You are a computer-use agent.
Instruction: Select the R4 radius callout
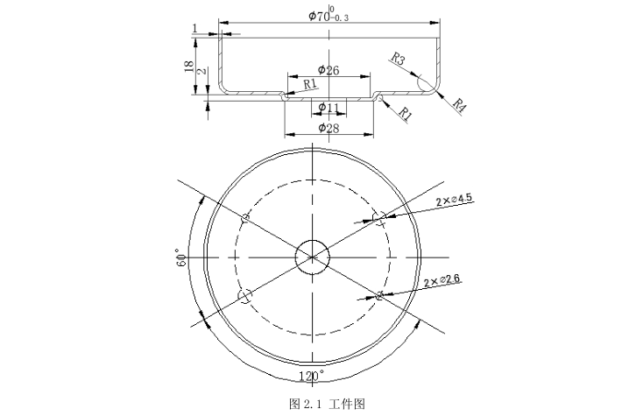point(460,104)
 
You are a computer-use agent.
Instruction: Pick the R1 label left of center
point(310,84)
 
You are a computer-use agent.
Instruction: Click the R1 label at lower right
point(405,112)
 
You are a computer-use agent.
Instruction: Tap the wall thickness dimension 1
point(194,29)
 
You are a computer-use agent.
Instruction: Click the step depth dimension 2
point(201,71)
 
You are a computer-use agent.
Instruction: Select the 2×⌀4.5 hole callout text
point(454,200)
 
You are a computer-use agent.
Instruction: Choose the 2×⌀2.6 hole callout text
point(442,280)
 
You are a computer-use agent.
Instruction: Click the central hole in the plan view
point(313,256)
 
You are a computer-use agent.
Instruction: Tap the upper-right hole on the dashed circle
point(379,217)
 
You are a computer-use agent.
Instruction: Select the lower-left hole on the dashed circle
point(246,295)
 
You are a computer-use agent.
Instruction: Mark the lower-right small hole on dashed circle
point(379,295)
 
